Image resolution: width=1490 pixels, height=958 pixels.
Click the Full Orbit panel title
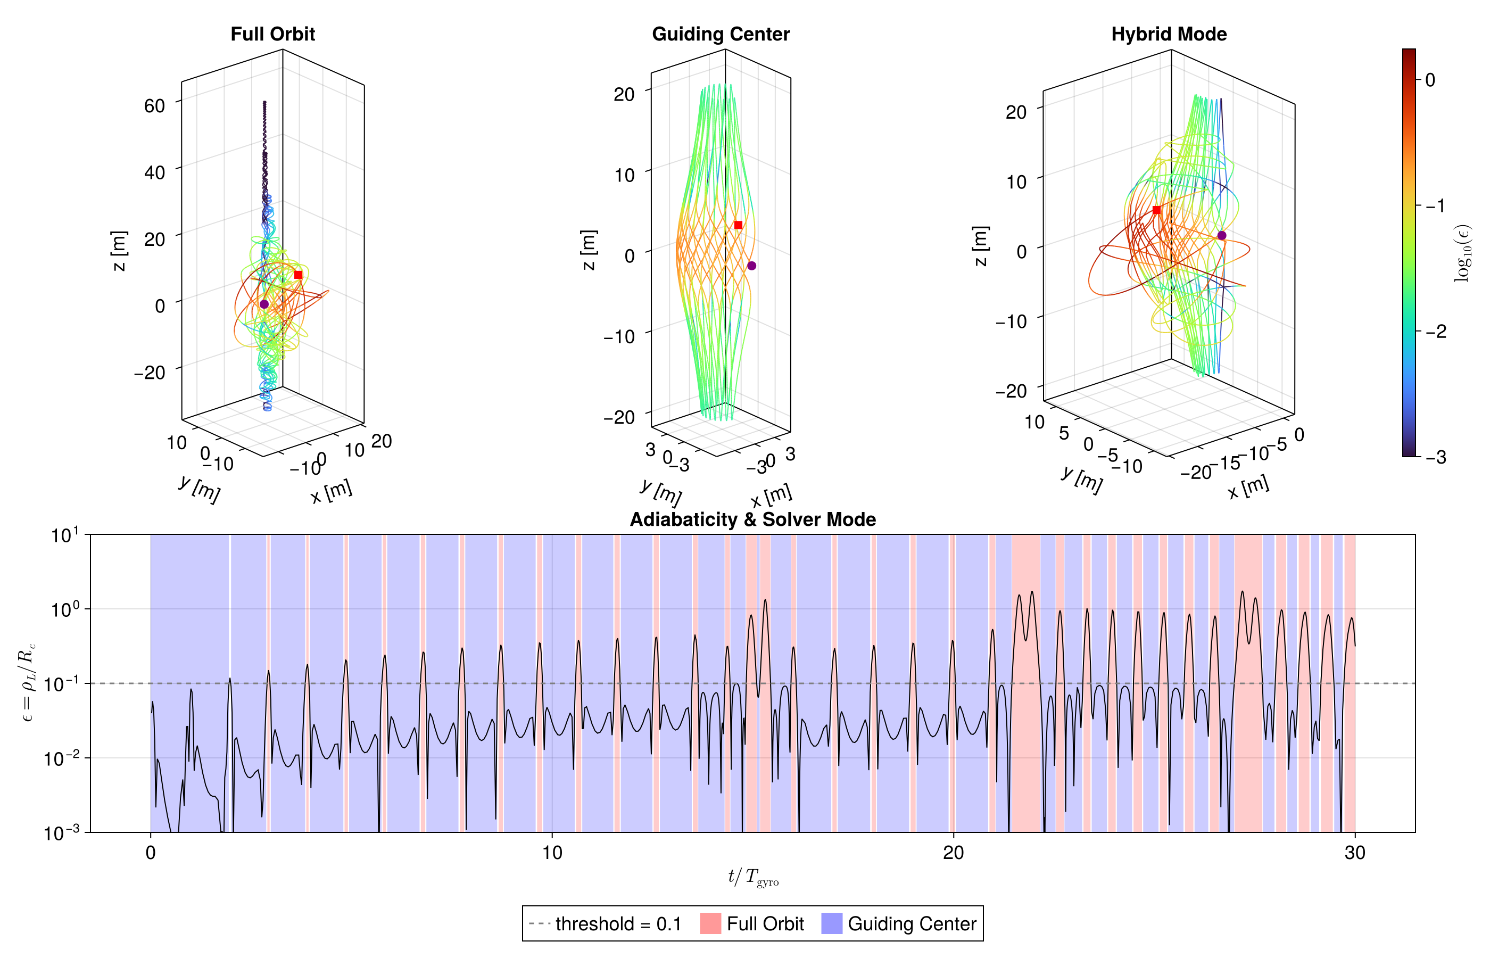click(272, 34)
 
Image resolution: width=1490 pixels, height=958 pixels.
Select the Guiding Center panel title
click(720, 34)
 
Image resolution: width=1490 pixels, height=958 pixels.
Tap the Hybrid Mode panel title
click(1169, 34)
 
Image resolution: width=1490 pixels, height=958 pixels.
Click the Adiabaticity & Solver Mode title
click(752, 519)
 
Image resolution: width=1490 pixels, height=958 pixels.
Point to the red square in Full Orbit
click(298, 275)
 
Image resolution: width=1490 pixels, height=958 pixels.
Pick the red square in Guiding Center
click(738, 225)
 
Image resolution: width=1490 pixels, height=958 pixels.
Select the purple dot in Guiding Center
click(751, 266)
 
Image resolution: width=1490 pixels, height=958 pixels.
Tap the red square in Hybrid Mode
click(1156, 210)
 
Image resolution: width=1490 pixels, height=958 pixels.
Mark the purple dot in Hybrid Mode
click(1221, 236)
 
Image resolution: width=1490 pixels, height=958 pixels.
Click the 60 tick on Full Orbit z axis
click(155, 106)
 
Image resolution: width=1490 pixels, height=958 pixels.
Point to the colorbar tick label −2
click(1436, 332)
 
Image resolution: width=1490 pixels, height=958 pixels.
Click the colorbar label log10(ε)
click(1463, 253)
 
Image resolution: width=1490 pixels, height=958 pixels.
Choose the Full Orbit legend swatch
click(710, 924)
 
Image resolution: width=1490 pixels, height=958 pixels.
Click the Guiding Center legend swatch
click(831, 924)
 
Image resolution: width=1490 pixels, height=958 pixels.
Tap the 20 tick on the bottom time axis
click(953, 852)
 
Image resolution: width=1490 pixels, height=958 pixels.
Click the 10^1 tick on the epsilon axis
click(65, 535)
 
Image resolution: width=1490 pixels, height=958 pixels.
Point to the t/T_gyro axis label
click(752, 878)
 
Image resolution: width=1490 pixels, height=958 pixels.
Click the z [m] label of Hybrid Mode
click(980, 246)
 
